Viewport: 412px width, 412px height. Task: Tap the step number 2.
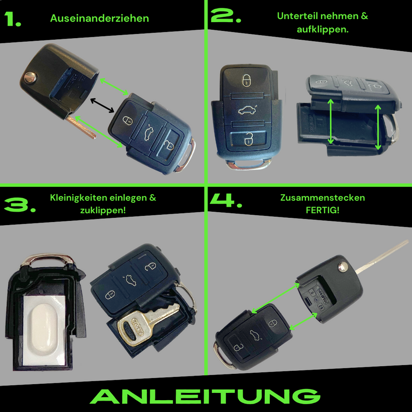point(226,17)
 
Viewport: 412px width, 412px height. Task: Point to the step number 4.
point(226,202)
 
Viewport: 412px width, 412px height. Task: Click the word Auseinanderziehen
point(99,19)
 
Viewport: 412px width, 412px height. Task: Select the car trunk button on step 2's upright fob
point(245,110)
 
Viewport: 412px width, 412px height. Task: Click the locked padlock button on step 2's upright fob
point(246,80)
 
